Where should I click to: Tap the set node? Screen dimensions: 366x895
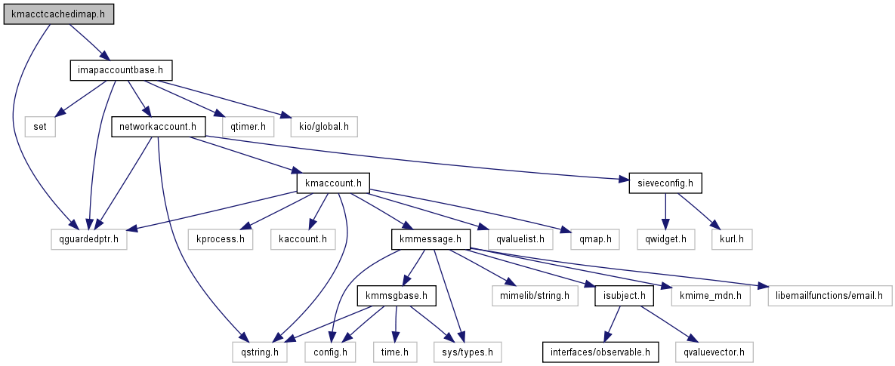(39, 126)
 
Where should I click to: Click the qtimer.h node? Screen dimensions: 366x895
(243, 126)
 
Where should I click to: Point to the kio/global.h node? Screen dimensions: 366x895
(325, 126)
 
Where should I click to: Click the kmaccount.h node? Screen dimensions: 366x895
(333, 183)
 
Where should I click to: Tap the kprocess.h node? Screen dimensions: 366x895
(221, 239)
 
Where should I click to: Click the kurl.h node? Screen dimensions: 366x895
(731, 239)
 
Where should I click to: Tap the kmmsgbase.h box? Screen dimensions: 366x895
(397, 295)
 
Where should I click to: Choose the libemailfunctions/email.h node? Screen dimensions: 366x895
(829, 295)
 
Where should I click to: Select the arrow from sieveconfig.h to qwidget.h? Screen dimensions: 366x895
(665, 211)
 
